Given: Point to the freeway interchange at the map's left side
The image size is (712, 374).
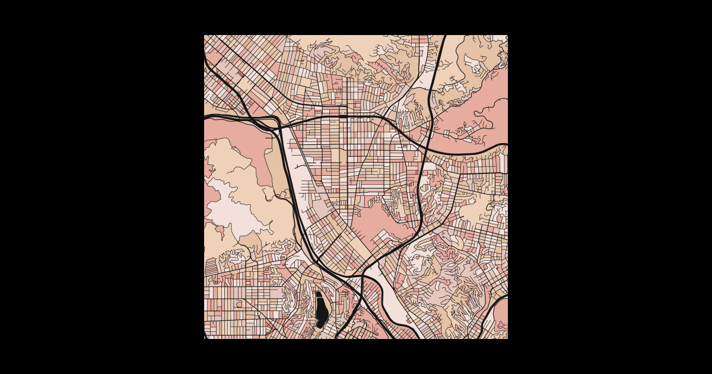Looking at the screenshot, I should pyautogui.click(x=274, y=123).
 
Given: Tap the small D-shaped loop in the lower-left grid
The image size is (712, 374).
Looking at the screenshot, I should pyautogui.click(x=240, y=303).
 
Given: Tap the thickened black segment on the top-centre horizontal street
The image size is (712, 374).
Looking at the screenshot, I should pyautogui.click(x=343, y=116).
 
